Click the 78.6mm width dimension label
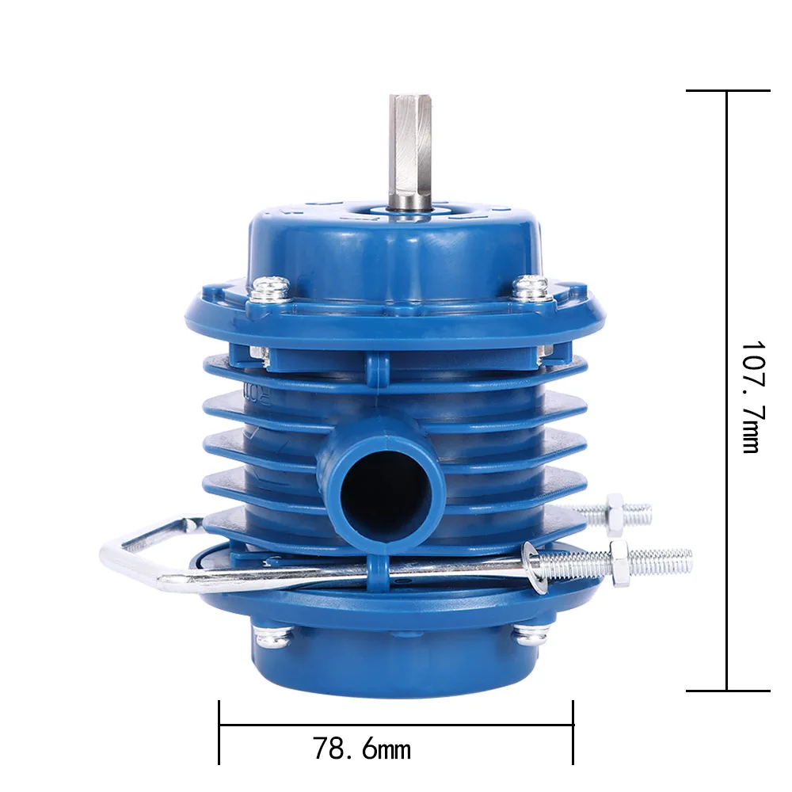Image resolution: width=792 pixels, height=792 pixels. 362,748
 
